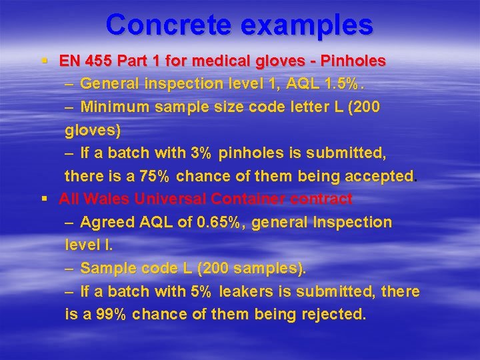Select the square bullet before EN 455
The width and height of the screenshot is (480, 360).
[44, 60]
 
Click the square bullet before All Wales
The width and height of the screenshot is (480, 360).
[44, 198]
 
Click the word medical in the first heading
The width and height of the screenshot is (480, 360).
[230, 61]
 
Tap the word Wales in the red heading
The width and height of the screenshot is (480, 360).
[103, 199]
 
